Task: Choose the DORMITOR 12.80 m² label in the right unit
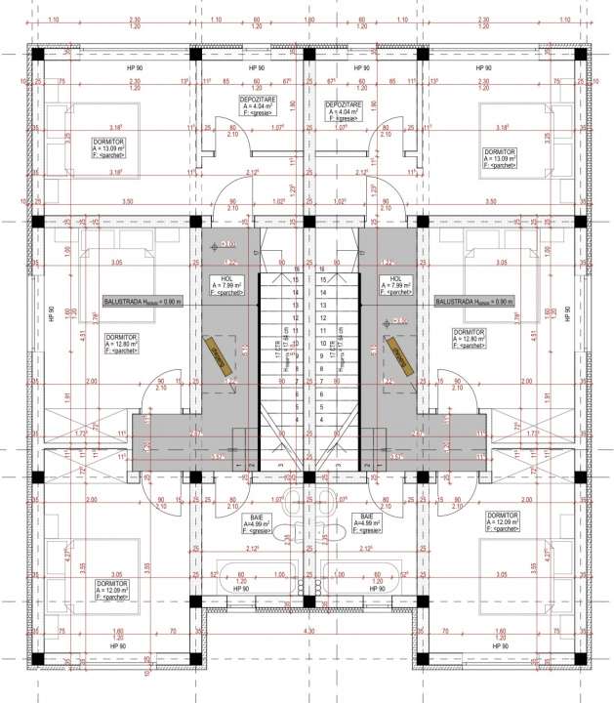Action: [470, 338]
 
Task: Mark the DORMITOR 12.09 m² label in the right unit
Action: [502, 520]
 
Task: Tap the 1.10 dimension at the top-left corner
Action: [52, 21]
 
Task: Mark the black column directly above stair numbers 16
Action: [307, 222]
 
